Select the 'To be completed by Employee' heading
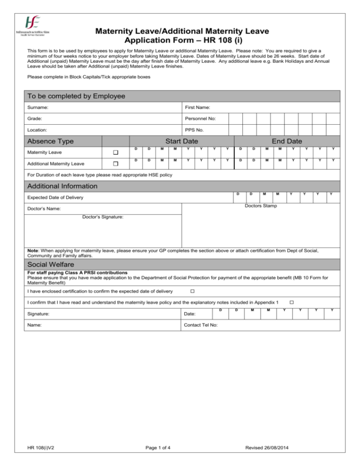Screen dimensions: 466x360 pos(76,96)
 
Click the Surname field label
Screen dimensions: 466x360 pos(38,108)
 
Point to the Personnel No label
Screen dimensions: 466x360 pos(201,119)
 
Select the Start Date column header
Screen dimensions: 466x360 pos(181,141)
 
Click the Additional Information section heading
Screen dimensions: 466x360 pos(62,186)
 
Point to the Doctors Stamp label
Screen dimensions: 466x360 pos(261,206)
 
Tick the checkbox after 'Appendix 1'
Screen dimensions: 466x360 pos(291,302)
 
